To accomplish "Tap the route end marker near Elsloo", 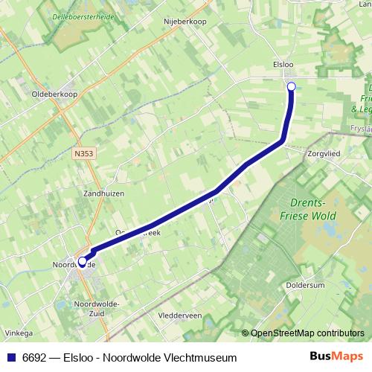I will click(x=291, y=87).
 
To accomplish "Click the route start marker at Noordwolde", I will click(x=82, y=261).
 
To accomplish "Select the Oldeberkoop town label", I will click(x=54, y=94).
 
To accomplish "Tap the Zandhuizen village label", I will click(x=103, y=192).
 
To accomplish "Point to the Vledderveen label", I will click(x=181, y=315).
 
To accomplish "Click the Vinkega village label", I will click(x=16, y=333).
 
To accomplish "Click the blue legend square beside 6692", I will click(x=11, y=358).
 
